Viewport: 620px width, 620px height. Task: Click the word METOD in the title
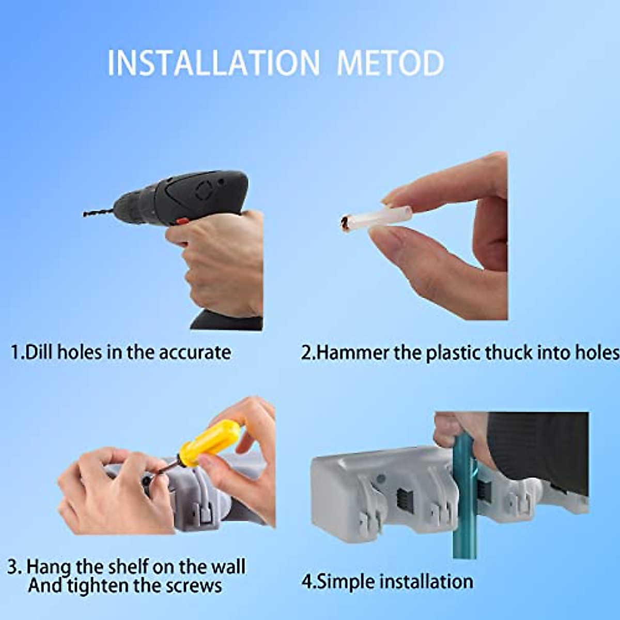[x=390, y=63]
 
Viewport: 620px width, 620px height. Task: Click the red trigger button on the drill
[x=181, y=221]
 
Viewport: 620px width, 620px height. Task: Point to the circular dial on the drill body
[x=204, y=192]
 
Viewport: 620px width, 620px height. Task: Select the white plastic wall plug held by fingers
[x=376, y=217]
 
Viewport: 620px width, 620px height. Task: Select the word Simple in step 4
[x=346, y=581]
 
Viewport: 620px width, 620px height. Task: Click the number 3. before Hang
[x=14, y=567]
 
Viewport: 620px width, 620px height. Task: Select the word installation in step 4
[x=426, y=581]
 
